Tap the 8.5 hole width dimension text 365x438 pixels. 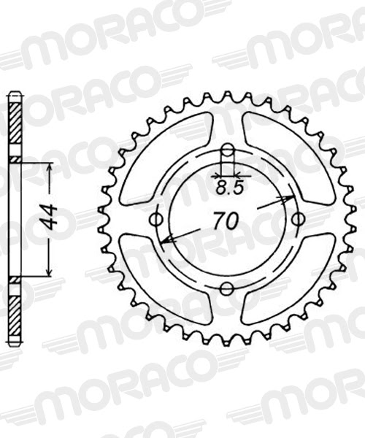click(227, 188)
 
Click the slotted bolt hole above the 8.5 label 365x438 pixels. click(228, 154)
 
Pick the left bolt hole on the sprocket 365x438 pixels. click(155, 220)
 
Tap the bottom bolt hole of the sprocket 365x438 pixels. click(227, 286)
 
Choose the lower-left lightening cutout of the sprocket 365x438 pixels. click(164, 281)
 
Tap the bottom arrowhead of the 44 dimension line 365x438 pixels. click(50, 272)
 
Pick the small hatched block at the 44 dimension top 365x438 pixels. click(15, 158)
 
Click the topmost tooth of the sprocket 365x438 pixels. click(227, 96)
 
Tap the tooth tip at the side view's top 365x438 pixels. click(15, 94)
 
